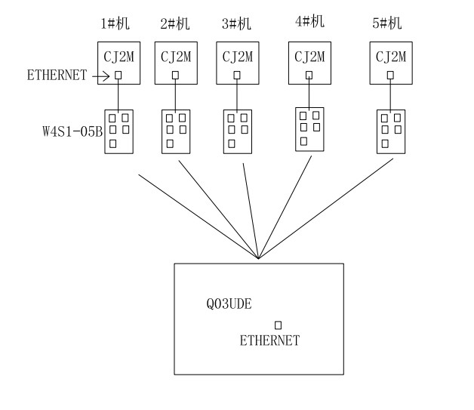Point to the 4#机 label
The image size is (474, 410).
pyautogui.click(x=309, y=21)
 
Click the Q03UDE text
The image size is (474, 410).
pyautogui.click(x=229, y=305)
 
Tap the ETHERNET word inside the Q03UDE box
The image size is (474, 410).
pyautogui.click(x=269, y=341)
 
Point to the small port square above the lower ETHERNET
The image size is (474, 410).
pyautogui.click(x=278, y=325)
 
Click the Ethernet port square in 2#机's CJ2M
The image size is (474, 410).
pyautogui.click(x=175, y=75)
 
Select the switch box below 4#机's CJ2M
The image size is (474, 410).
pyautogui.click(x=309, y=128)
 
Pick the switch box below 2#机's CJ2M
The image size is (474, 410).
pyautogui.click(x=176, y=132)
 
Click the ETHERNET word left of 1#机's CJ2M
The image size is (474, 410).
pyautogui.click(x=57, y=75)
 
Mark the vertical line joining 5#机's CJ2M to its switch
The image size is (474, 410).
pyautogui.click(x=390, y=96)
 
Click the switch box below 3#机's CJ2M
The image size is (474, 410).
pyautogui.click(x=237, y=132)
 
